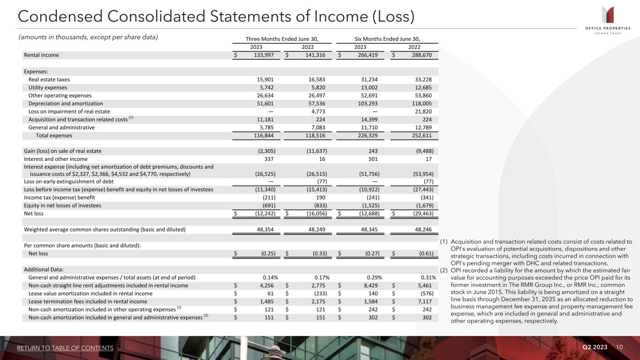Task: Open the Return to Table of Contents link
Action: pyautogui.click(x=65, y=348)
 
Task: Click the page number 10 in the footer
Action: pyautogui.click(x=620, y=347)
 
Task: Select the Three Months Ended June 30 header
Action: pyautogui.click(x=282, y=38)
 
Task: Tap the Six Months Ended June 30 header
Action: pyautogui.click(x=387, y=38)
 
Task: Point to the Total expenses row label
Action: pyautogui.click(x=54, y=135)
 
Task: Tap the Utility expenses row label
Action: pyautogui.click(x=48, y=88)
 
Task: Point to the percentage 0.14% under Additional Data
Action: pyautogui.click(x=271, y=277)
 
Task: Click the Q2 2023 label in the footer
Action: pyautogui.click(x=595, y=347)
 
